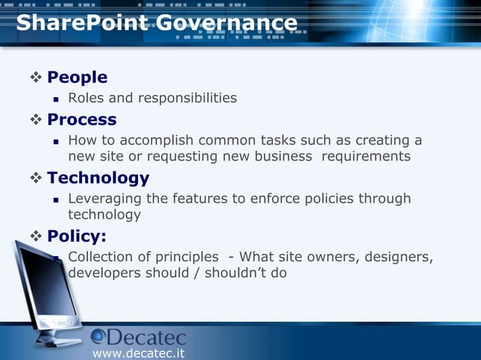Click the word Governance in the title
point(227,23)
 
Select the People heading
point(77,78)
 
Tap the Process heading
point(81,120)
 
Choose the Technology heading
point(98,178)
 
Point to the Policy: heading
point(76,236)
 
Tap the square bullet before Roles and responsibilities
point(56,99)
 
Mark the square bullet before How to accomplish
point(56,141)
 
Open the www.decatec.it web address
point(138,352)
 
